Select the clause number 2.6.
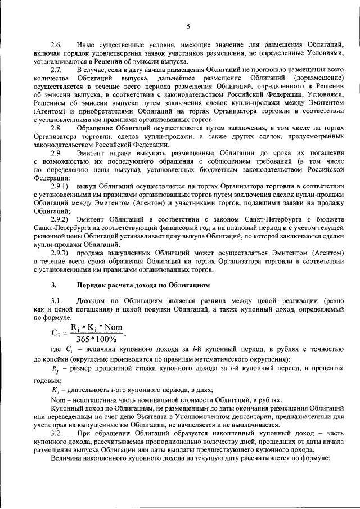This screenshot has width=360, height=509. tap(57, 43)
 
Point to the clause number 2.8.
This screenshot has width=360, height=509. tap(57, 128)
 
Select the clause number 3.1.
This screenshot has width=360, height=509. tap(57, 303)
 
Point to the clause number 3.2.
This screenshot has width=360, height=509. tap(57, 435)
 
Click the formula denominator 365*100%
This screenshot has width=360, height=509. tap(96, 339)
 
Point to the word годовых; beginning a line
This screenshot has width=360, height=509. tap(47, 380)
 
